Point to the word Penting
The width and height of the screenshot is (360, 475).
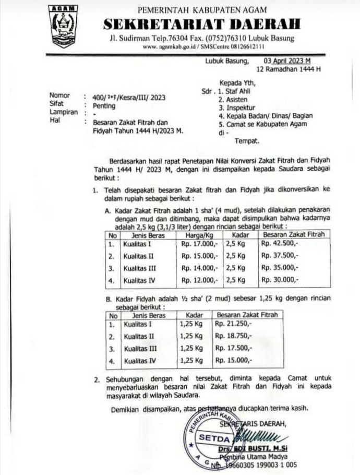pos(104,104)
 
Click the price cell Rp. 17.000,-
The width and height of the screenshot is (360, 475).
pos(199,243)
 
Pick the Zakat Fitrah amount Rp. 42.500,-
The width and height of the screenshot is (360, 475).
pos(279,243)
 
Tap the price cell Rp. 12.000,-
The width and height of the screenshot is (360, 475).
pos(199,280)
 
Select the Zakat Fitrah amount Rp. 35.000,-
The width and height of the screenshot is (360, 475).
pos(279,268)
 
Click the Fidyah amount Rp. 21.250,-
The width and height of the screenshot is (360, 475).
pos(233,324)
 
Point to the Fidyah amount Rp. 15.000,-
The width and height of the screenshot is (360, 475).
pos(233,361)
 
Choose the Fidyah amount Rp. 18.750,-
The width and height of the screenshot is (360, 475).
pos(233,336)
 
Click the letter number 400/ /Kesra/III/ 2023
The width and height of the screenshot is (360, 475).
pos(129,97)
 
